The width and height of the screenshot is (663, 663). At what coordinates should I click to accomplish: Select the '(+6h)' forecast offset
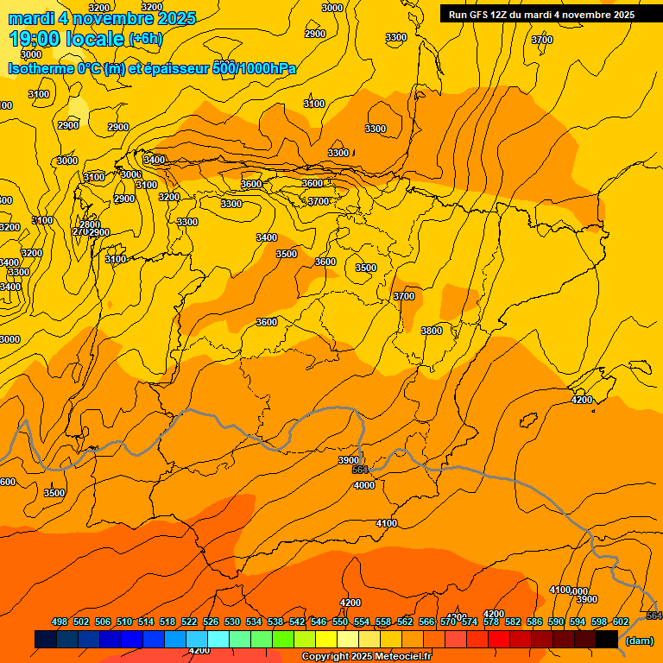click(x=145, y=39)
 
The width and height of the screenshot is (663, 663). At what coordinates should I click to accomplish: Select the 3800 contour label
click(x=432, y=331)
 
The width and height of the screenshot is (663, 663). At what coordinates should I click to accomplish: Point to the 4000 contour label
click(x=364, y=485)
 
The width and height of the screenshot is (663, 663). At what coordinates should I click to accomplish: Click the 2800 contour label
click(x=90, y=224)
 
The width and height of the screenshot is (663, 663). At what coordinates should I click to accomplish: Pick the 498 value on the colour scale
click(x=60, y=622)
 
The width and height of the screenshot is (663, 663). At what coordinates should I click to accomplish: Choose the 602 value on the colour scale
click(x=621, y=622)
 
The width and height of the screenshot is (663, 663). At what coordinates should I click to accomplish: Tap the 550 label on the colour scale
click(x=340, y=622)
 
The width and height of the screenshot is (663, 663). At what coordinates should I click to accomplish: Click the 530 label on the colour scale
click(x=232, y=622)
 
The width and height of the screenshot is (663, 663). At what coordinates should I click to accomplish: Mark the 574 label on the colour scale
click(x=470, y=622)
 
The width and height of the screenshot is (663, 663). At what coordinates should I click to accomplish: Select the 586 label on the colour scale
click(x=534, y=622)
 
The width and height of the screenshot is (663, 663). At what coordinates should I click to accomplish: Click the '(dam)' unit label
click(x=640, y=641)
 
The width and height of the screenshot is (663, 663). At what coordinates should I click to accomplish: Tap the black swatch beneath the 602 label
click(x=607, y=639)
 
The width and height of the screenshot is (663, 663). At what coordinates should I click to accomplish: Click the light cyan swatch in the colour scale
click(x=218, y=639)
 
